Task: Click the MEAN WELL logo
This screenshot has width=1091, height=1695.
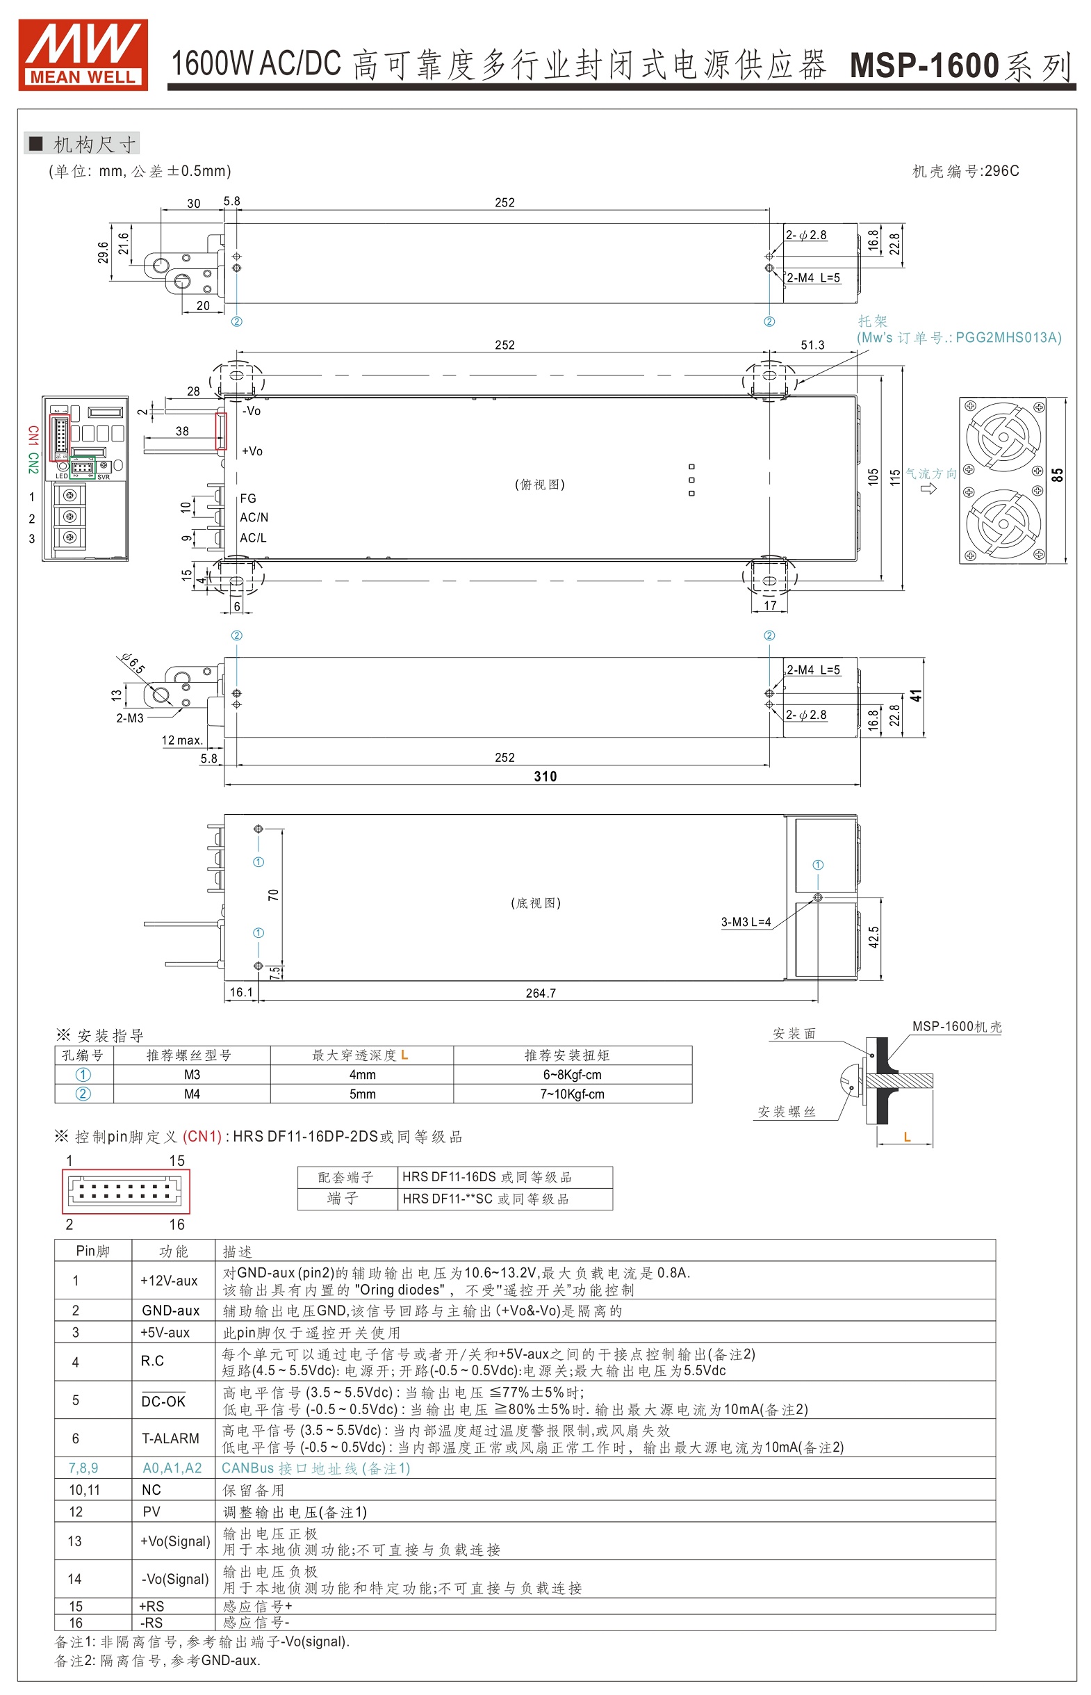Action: coord(83,54)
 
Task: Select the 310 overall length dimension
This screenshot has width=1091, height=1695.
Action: coord(545,777)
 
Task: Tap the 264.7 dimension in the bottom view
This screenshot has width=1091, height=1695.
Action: coord(541,993)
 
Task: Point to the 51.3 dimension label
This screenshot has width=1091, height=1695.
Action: coord(812,345)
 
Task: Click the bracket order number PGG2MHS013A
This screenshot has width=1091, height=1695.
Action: coord(1008,337)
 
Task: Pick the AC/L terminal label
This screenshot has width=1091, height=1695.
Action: coord(253,538)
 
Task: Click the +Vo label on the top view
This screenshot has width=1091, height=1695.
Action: coord(252,451)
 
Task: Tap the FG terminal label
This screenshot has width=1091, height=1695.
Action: coord(248,498)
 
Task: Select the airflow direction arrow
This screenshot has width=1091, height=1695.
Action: coord(928,489)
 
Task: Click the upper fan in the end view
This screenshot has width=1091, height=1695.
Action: coord(1003,437)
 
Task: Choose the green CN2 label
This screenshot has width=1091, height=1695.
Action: coord(33,463)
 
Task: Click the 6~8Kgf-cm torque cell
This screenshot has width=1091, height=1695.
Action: coord(573,1074)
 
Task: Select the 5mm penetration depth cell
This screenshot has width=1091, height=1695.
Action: coord(362,1094)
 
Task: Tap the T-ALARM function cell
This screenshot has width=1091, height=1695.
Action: coord(170,1438)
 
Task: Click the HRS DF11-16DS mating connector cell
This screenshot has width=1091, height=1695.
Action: coord(486,1177)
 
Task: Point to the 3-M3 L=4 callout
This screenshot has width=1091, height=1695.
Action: coord(745,922)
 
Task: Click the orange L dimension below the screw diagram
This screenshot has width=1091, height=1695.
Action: coord(907,1137)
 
